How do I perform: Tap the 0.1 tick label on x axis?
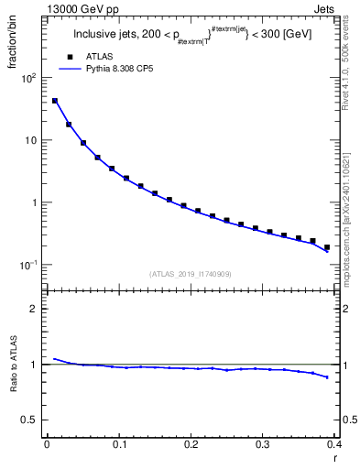119,445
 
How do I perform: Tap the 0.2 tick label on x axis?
191,445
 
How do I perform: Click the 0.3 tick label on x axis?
263,445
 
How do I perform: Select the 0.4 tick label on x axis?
333,445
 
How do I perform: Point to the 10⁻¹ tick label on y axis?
27,265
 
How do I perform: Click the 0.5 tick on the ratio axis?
29,420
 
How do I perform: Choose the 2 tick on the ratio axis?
34,309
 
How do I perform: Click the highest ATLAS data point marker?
55,101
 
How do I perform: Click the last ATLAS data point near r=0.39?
327,247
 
